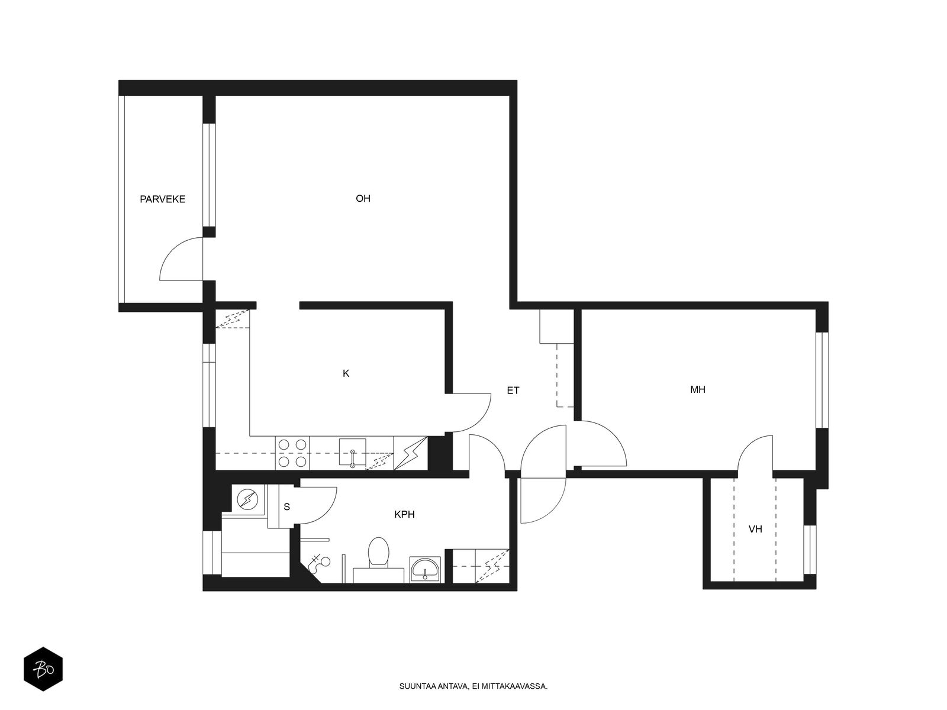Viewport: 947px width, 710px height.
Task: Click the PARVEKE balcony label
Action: (x=162, y=199)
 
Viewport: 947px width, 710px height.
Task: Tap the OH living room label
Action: (x=363, y=199)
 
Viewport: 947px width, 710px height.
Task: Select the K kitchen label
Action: (x=346, y=373)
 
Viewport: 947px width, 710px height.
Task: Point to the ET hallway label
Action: (x=513, y=390)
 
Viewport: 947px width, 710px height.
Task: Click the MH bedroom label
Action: (x=697, y=389)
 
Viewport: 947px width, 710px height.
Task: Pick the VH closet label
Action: (x=755, y=529)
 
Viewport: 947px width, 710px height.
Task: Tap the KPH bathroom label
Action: (x=404, y=515)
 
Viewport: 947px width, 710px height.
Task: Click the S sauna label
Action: (x=287, y=506)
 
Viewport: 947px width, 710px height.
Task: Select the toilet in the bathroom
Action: (x=378, y=554)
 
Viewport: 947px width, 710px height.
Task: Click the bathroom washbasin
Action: (x=425, y=570)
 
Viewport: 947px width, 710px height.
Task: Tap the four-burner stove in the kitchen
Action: (x=292, y=453)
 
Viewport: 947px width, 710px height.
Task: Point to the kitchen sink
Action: (x=352, y=453)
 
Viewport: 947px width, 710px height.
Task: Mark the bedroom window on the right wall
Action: (x=821, y=380)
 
